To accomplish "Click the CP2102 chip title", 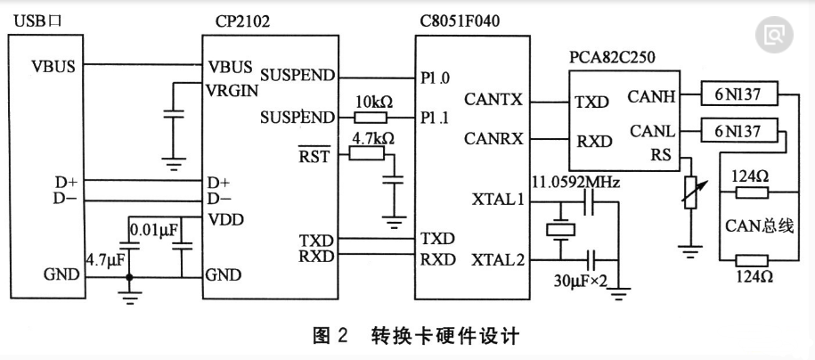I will tap(242, 19).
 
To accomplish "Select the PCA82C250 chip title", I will tap(612, 57).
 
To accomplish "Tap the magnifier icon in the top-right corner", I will tap(774, 35).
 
